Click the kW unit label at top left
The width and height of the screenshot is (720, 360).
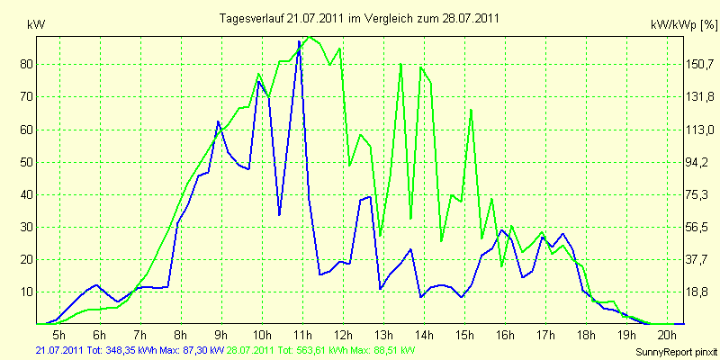[x=36, y=25]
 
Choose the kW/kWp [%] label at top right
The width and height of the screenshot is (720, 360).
[x=684, y=25]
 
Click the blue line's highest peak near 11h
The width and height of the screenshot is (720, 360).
[x=300, y=41]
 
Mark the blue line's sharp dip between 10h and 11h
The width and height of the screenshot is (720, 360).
[x=279, y=214]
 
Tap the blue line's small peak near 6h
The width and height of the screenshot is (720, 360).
[x=96, y=285]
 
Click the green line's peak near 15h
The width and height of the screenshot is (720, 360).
[x=471, y=110]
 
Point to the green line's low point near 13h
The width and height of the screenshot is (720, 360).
[x=380, y=236]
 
